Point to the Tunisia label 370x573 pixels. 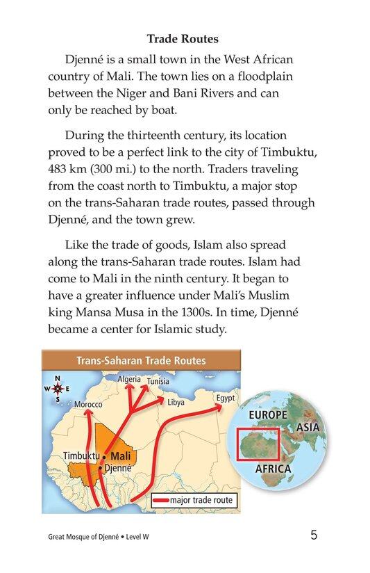pos(158,382)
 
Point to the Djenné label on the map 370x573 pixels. pos(117,469)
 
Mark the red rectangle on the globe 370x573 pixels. pos(257,444)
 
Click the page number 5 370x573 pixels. pos(314,535)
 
